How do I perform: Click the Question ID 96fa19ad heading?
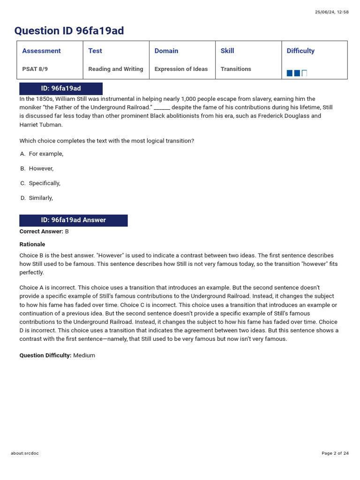[x=69, y=31]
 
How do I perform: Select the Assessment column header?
[x=41, y=51]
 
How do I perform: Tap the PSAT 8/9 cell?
[x=35, y=69]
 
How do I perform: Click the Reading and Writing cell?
[x=115, y=69]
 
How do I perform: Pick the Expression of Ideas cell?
[x=181, y=69]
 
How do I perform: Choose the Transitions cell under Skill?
[x=236, y=69]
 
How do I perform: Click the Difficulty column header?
[x=300, y=51]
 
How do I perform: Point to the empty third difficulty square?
[x=305, y=73]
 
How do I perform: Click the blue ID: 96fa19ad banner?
[x=60, y=89]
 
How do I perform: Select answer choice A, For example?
[x=45, y=154]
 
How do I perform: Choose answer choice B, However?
[x=41, y=168]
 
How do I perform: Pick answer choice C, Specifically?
[x=44, y=183]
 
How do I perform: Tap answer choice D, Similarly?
[x=41, y=198]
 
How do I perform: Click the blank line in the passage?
[x=162, y=108]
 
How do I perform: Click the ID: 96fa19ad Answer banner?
[x=73, y=220]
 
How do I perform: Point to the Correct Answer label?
[x=41, y=232]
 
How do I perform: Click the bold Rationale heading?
[x=32, y=244]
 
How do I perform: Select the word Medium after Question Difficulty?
[x=84, y=355]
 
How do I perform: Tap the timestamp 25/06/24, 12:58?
[x=331, y=12]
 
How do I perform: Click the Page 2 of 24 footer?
[x=335, y=453]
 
